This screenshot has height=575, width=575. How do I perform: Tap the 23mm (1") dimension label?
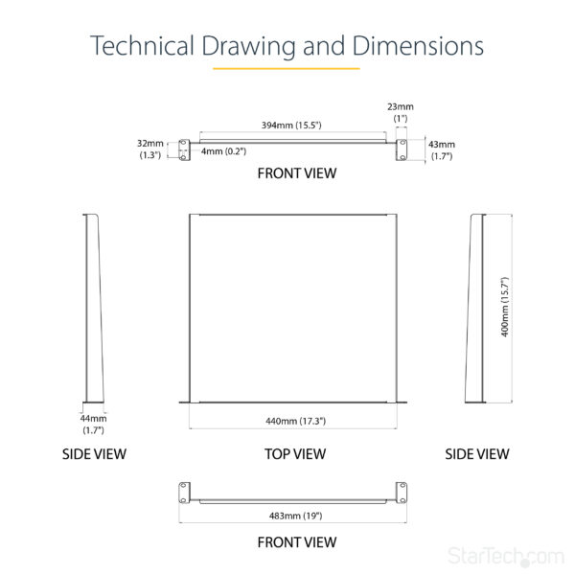(x=401, y=112)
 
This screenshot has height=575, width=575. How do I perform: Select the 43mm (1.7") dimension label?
(x=441, y=149)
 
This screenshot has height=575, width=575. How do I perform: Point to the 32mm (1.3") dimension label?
(x=150, y=149)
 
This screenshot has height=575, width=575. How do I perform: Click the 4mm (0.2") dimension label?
(x=223, y=150)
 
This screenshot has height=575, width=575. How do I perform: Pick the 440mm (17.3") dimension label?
(x=295, y=420)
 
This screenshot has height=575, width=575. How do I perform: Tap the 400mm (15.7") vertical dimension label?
(x=505, y=308)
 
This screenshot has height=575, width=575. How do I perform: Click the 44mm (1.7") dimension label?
(x=93, y=425)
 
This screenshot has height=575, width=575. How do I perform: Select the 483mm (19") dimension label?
(x=296, y=516)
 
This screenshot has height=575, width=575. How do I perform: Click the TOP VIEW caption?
(x=295, y=453)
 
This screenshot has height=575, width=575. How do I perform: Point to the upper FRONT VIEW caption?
(x=296, y=173)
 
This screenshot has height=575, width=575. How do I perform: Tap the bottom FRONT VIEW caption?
(x=296, y=542)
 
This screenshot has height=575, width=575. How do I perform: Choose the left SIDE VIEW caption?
(x=94, y=453)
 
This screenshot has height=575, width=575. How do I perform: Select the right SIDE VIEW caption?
(x=476, y=453)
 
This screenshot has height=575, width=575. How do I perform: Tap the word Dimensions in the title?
(x=417, y=46)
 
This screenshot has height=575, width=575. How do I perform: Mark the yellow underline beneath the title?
(x=286, y=69)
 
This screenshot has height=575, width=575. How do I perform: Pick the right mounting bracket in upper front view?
(x=403, y=149)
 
